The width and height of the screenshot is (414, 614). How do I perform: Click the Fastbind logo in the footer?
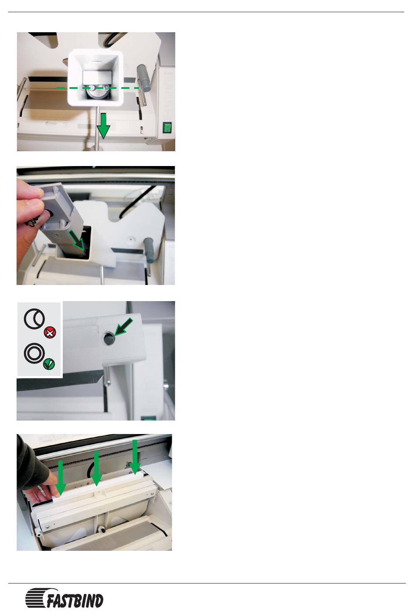(x=64, y=597)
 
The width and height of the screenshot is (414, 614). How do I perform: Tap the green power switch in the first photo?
(x=167, y=127)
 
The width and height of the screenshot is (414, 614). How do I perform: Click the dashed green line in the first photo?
(x=98, y=88)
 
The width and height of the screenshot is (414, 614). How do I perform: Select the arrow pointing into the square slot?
(x=77, y=241)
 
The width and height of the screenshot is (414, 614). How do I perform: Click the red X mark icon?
(x=50, y=333)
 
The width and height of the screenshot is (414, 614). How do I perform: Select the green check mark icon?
(x=49, y=364)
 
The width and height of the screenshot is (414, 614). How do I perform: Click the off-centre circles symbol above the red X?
(x=34, y=319)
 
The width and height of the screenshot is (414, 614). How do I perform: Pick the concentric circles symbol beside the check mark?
(x=34, y=353)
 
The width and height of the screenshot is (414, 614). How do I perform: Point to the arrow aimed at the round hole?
(x=124, y=327)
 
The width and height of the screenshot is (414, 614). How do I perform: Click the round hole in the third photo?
(x=109, y=338)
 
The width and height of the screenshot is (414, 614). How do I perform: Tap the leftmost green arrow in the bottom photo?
(x=61, y=478)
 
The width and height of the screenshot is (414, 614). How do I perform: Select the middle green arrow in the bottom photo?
(x=96, y=469)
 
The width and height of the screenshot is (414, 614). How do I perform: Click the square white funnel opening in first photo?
(x=95, y=78)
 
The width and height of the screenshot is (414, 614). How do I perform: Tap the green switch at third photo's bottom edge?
(x=148, y=418)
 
